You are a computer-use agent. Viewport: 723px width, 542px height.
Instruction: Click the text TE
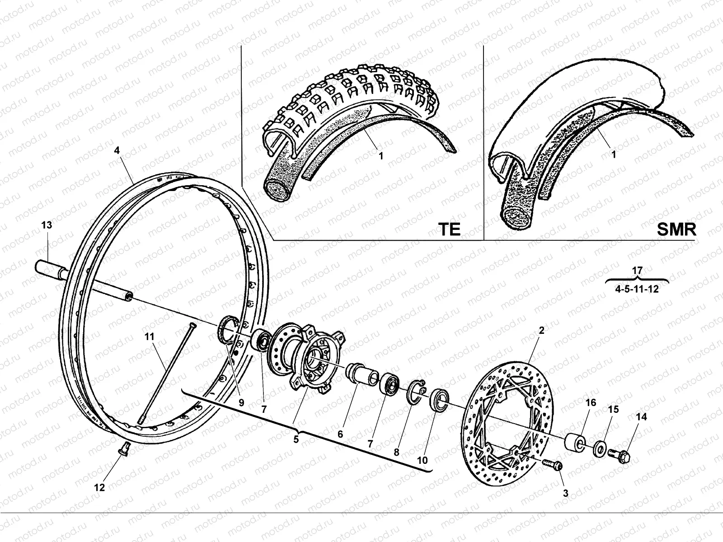[450, 229]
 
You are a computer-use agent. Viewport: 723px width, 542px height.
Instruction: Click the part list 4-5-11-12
[637, 289]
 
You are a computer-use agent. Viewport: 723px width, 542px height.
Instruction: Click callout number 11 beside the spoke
[150, 336]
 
